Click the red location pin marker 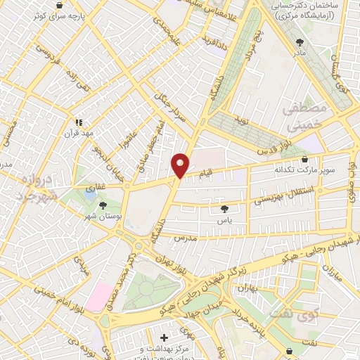[181, 165]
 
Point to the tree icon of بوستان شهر [104, 205]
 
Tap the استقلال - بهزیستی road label [274, 191]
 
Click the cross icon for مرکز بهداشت [165, 337]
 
